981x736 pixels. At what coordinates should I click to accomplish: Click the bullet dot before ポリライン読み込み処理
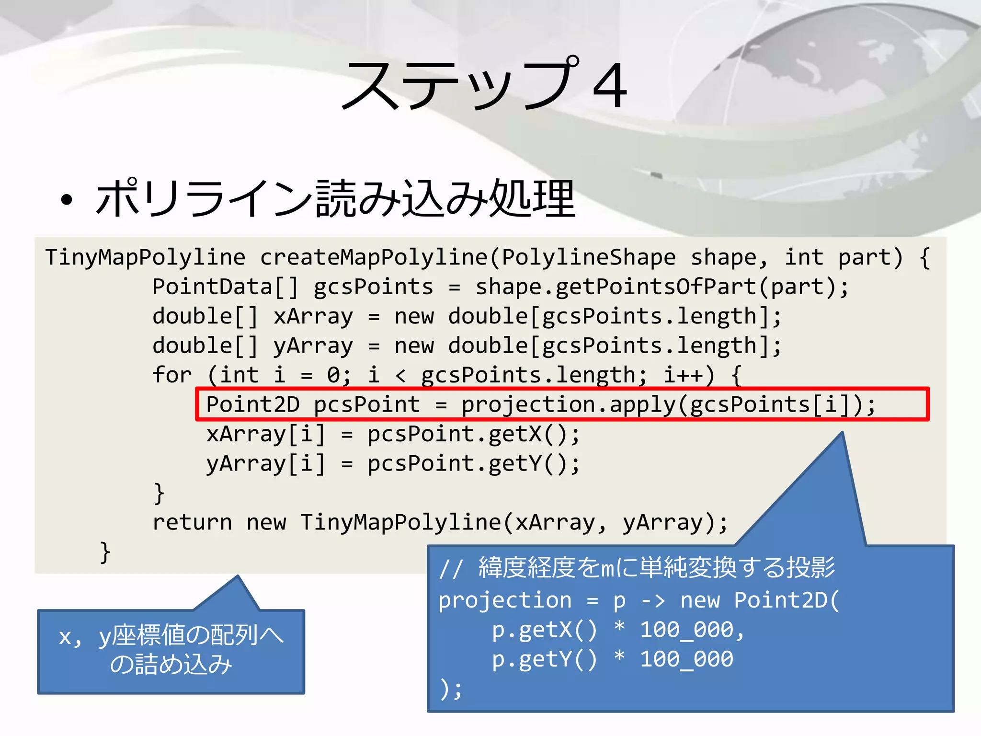coord(67,200)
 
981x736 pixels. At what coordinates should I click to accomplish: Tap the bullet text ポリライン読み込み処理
coord(335,198)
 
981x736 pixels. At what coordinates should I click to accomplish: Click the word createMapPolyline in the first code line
coord(374,258)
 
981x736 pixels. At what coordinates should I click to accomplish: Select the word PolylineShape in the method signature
coord(589,258)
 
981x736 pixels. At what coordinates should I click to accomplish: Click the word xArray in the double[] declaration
coord(313,317)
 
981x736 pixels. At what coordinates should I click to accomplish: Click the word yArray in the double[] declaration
coord(313,346)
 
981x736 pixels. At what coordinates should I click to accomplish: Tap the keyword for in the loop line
coord(172,375)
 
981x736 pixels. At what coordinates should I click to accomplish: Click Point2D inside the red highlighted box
coord(252,405)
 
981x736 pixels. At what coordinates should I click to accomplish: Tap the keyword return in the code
coord(192,522)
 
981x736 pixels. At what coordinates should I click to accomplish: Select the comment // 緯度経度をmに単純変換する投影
coord(637,568)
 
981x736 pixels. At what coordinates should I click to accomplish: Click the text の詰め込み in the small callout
coord(171,665)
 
